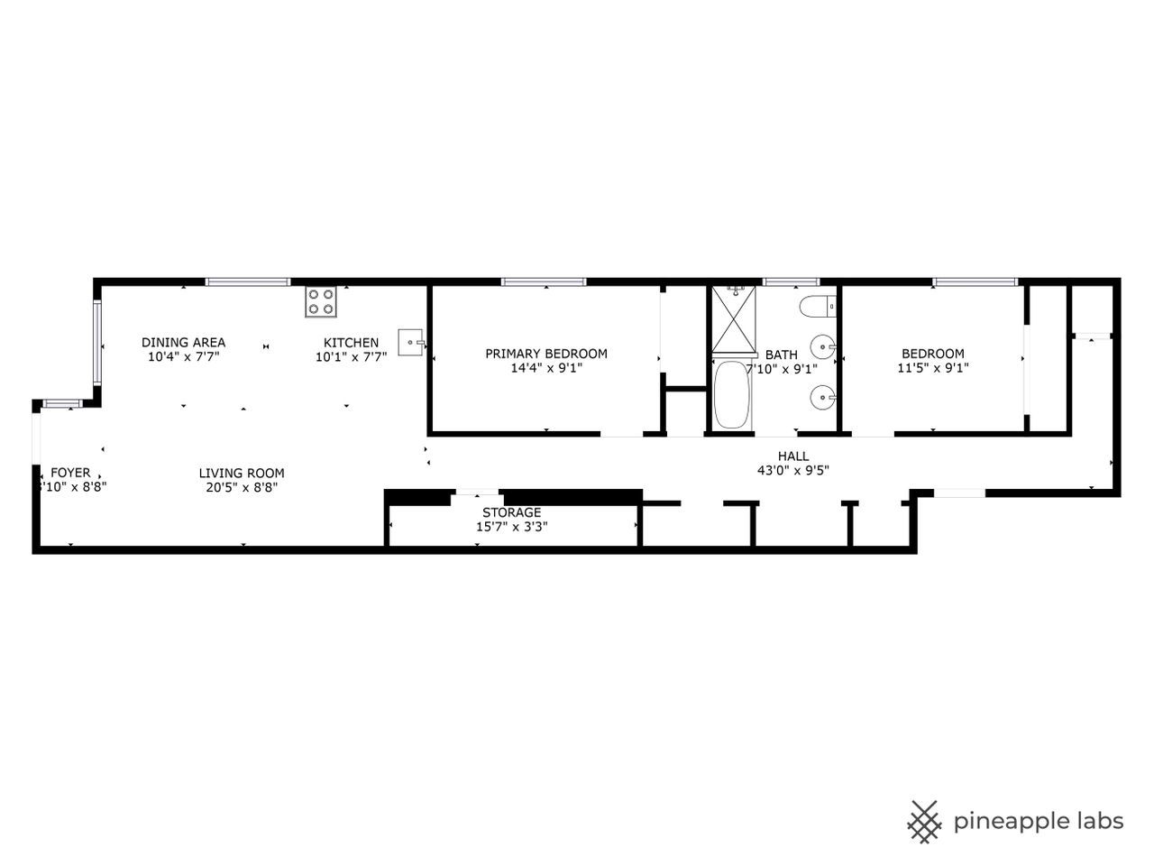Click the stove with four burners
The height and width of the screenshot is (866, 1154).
320,300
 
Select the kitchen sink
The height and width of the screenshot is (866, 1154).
411,343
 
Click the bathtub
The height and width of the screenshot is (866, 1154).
732,396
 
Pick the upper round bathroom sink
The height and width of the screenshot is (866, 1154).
822,346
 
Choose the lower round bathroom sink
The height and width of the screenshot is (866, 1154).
822,396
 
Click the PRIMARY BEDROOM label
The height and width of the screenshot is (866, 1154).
546,354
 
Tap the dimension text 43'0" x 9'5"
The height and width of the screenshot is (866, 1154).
792,470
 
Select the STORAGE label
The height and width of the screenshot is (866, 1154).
511,512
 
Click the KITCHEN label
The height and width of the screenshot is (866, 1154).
351,343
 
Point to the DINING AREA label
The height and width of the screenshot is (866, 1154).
183,343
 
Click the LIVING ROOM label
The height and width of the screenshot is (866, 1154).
242,473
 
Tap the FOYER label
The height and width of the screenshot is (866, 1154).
70,473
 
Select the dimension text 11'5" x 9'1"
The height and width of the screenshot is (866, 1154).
933,368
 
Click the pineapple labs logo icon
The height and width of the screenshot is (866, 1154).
924,821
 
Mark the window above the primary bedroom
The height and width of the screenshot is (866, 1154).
544,282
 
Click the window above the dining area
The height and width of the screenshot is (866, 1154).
248,282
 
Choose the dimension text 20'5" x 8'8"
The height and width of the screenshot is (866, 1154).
242,487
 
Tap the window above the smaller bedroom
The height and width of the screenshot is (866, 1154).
975,282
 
